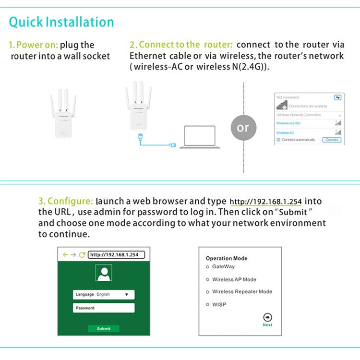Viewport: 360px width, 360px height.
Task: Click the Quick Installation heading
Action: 61,22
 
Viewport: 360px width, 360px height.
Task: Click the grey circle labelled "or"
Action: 243,128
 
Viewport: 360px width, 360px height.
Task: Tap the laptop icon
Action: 199,137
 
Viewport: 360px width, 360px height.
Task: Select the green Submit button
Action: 104,329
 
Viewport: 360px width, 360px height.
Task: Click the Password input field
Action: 104,308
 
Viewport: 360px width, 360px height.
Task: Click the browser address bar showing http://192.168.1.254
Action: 116,255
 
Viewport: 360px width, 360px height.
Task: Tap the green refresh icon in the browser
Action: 82,255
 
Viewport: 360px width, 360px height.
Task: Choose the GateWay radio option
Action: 207,267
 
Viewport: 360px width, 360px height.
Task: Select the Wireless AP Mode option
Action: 207,279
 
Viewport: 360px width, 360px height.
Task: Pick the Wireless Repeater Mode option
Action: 207,292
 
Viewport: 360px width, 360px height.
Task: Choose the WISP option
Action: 207,305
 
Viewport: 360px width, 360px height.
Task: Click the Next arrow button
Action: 268,317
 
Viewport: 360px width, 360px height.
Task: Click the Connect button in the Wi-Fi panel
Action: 332,140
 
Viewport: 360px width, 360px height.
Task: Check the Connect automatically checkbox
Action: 278,140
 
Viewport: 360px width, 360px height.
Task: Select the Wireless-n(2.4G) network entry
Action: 288,123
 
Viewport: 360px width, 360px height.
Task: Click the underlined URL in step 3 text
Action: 265,202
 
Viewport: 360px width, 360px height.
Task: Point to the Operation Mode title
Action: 227,258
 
